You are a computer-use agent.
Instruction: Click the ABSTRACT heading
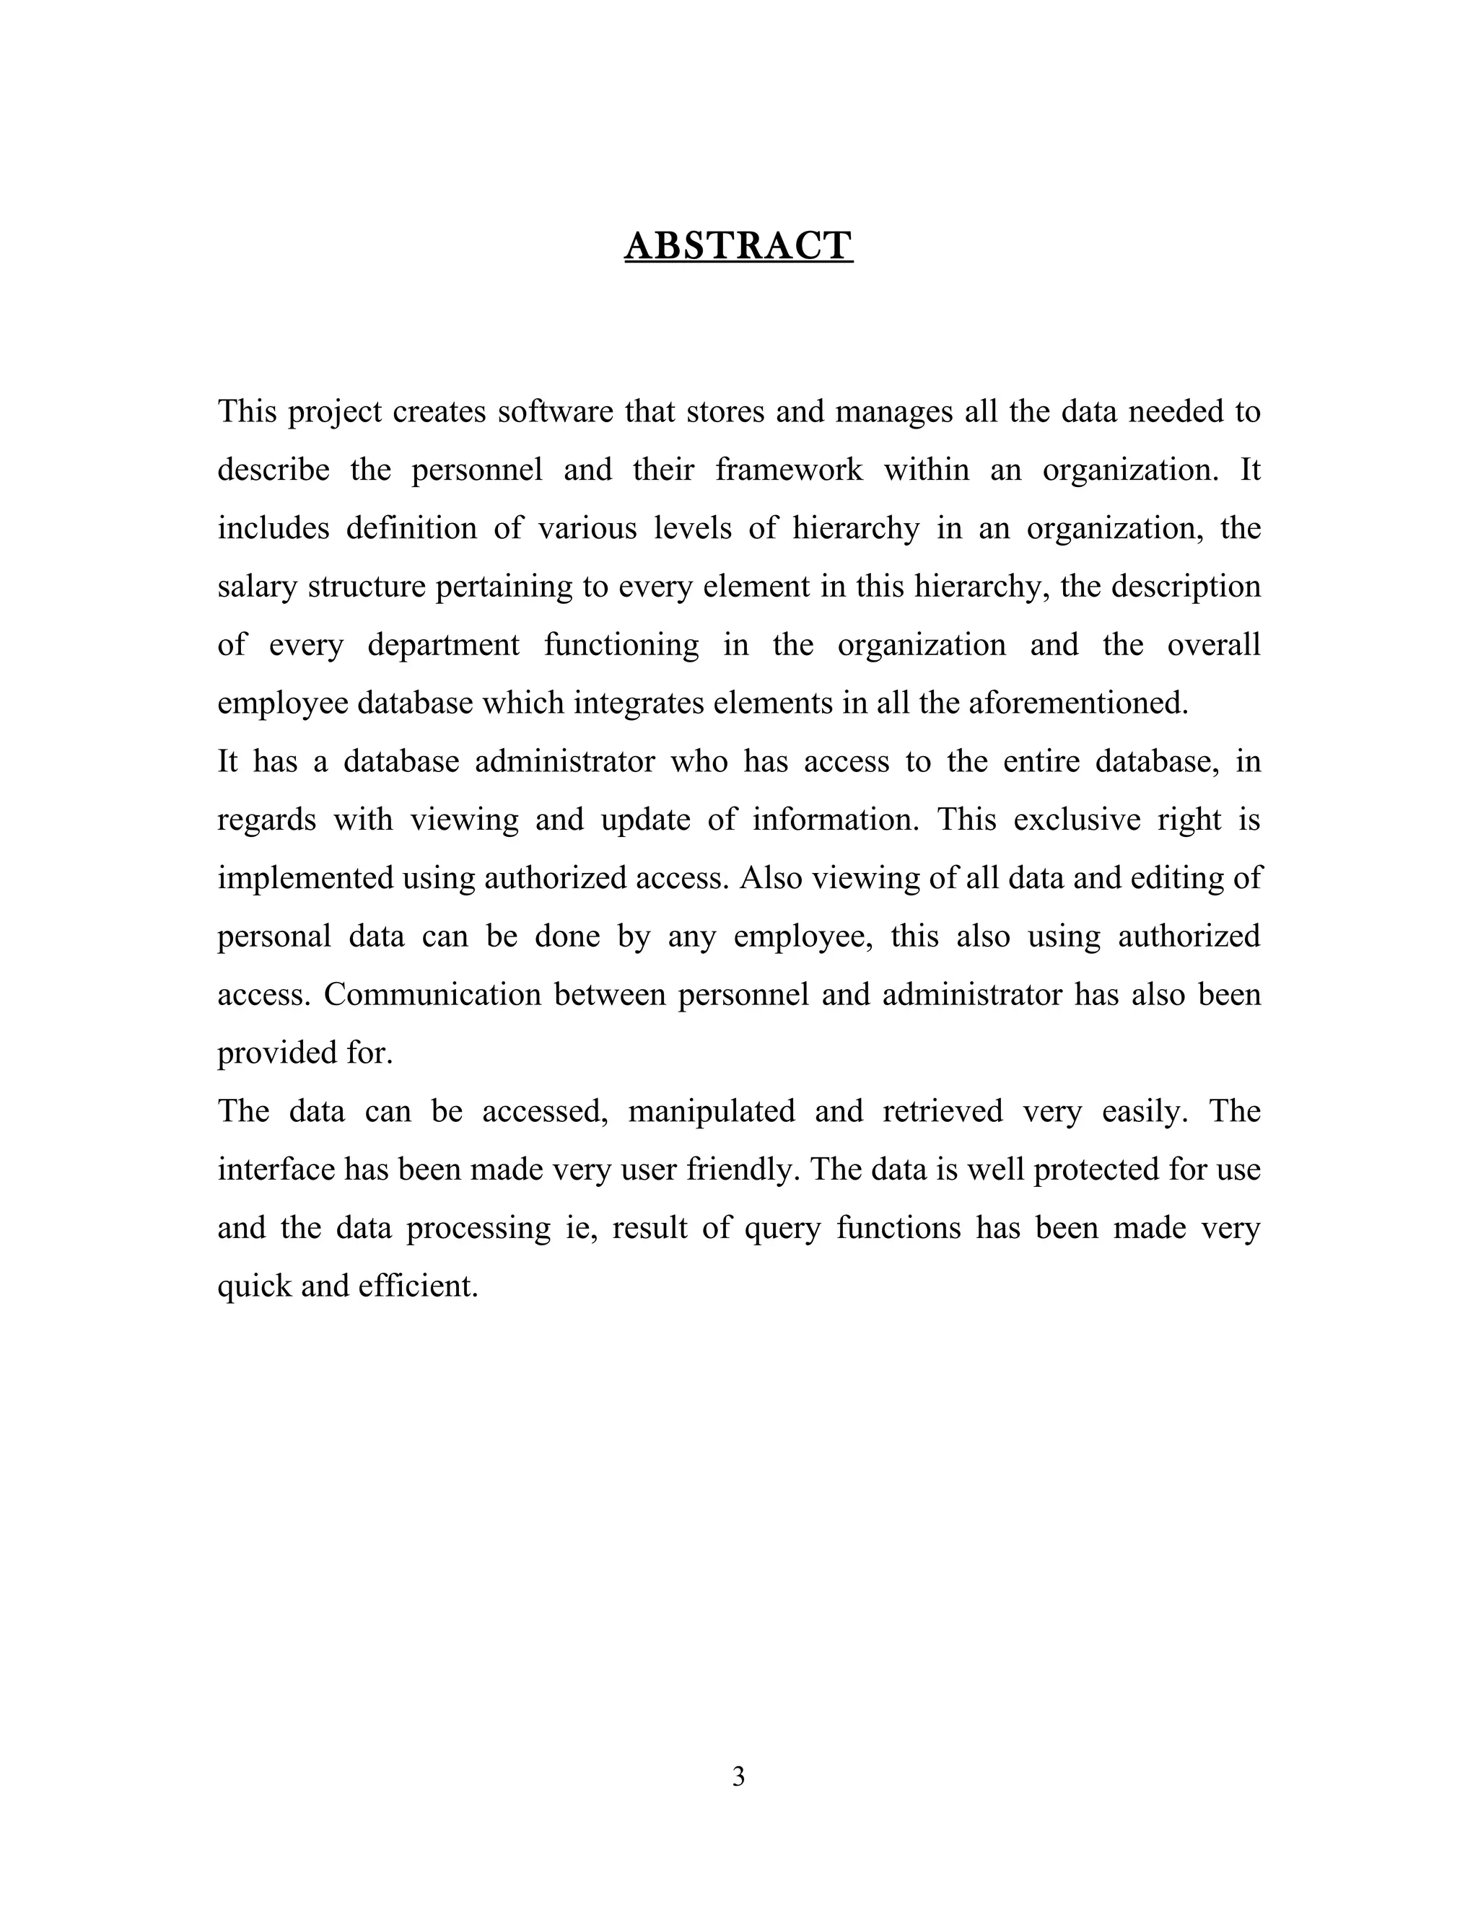pyautogui.click(x=738, y=246)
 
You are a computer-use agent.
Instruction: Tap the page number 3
pyautogui.click(x=738, y=1776)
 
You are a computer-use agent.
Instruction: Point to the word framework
pyautogui.click(x=788, y=470)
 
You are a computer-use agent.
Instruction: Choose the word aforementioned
pyautogui.click(x=1078, y=703)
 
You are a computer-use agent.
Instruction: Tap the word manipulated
pyautogui.click(x=711, y=1111)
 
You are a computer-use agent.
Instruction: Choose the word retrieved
pyautogui.click(x=942, y=1111)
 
